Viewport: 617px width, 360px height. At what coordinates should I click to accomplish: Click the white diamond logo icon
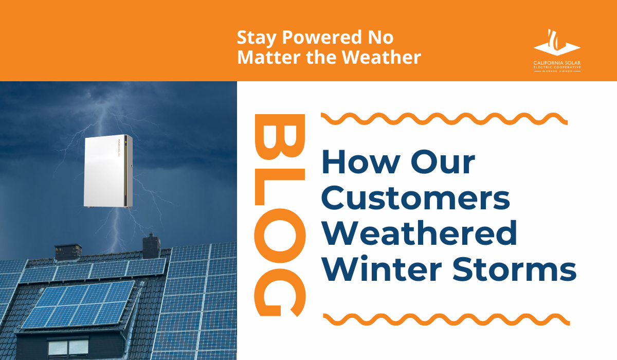tap(557, 44)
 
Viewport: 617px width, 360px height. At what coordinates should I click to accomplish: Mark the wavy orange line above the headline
tap(444, 119)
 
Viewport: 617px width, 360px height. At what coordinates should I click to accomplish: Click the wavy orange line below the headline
tap(445, 318)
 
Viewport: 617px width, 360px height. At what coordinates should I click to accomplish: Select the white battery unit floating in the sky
tap(108, 172)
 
